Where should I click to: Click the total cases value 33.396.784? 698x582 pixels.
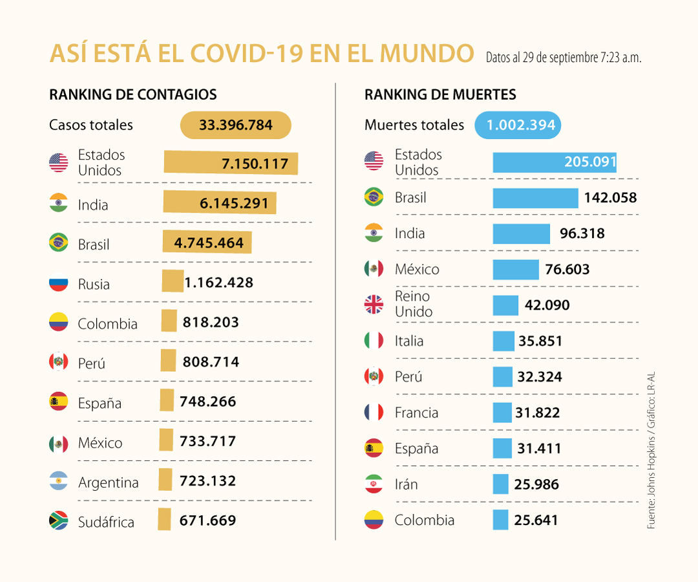pyautogui.click(x=235, y=125)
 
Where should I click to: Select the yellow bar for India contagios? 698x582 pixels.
pyautogui.click(x=220, y=203)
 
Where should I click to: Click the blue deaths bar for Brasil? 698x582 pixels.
pyautogui.click(x=535, y=198)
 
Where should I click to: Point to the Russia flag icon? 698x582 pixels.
pyautogui.click(x=59, y=283)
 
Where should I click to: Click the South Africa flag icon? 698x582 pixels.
pyautogui.click(x=59, y=521)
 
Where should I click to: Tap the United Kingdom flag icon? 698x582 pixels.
pyautogui.click(x=374, y=305)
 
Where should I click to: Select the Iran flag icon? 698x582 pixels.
pyautogui.click(x=374, y=484)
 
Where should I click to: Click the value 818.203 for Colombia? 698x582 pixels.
pyautogui.click(x=211, y=322)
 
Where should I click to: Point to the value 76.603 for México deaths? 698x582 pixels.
pyautogui.click(x=567, y=269)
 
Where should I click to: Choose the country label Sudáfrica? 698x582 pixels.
pyautogui.click(x=106, y=523)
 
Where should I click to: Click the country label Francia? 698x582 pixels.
pyautogui.click(x=416, y=413)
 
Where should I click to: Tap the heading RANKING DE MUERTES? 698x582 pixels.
pyautogui.click(x=440, y=95)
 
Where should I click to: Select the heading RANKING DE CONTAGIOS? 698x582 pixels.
pyautogui.click(x=132, y=95)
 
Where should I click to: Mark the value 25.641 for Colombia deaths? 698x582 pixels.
pyautogui.click(x=536, y=520)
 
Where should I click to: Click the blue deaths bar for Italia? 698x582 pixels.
pyautogui.click(x=503, y=341)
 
